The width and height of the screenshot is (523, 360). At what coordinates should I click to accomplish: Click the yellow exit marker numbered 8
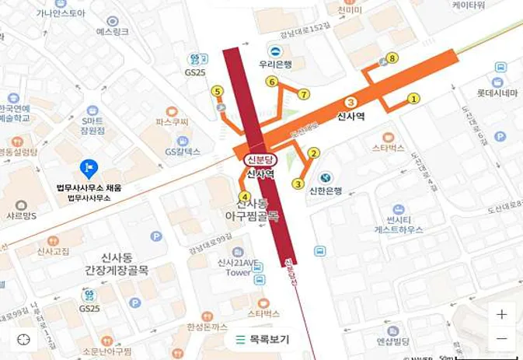[x=392, y=58]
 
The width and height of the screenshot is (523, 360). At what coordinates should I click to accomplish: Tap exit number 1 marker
[x=413, y=98]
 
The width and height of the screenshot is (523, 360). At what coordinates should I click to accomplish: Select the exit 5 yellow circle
[x=217, y=91]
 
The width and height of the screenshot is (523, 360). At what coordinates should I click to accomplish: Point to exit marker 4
[x=245, y=197]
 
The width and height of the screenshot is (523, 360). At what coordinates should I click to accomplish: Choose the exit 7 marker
[x=304, y=94]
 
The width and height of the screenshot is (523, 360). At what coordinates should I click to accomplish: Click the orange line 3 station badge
[x=350, y=102]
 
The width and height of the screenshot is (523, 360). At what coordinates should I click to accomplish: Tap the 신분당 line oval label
[x=260, y=159]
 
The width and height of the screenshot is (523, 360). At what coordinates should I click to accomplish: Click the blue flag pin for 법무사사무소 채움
[x=89, y=168]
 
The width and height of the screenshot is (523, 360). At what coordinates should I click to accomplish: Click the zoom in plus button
[x=502, y=314]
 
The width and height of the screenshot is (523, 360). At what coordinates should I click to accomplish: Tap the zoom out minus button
[x=502, y=339]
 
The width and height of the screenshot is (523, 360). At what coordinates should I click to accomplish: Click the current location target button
[x=24, y=339]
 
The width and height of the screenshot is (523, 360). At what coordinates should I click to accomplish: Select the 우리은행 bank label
[x=275, y=65]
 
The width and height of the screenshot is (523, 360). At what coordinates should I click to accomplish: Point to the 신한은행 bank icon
[x=326, y=178]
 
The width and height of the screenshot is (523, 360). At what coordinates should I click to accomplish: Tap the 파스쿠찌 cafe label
[x=172, y=122]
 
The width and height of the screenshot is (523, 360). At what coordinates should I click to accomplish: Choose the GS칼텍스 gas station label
[x=183, y=152]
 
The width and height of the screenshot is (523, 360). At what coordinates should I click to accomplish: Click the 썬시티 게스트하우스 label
[x=399, y=225]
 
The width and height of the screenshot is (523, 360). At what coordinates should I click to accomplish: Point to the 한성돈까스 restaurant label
[x=206, y=328]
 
